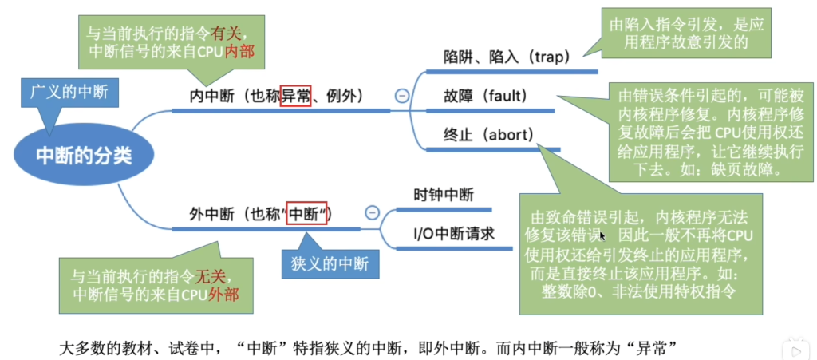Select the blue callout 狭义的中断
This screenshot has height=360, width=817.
pos(330,263)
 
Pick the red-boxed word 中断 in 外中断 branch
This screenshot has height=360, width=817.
pos(307,213)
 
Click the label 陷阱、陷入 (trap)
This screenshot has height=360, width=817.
pos(506,57)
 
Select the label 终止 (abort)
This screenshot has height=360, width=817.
pos(489,135)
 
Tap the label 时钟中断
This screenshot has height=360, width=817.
pos(444,196)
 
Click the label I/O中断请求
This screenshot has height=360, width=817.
pos(453,234)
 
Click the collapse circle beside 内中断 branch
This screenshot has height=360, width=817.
pos(402,96)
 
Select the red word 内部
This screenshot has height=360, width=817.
pos(239,52)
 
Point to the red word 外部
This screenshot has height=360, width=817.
pos(224,294)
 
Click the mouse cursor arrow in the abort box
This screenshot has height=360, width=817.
pos(602,236)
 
